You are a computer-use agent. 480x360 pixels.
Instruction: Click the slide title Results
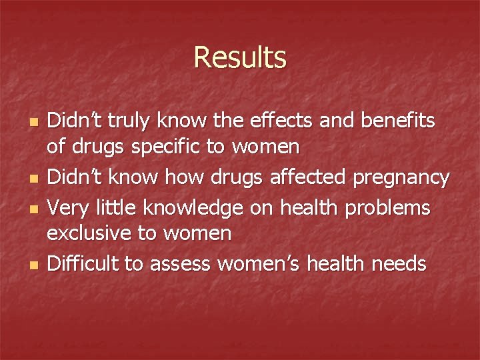click(x=240, y=57)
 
